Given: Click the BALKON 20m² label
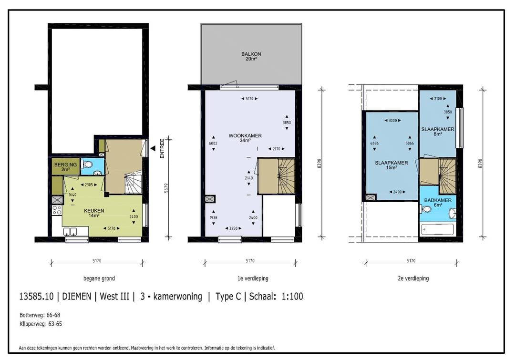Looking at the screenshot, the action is click(x=251, y=56).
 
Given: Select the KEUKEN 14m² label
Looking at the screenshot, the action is click(x=94, y=213).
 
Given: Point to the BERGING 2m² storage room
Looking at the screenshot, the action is click(x=65, y=167).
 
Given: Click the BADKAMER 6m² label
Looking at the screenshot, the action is click(x=438, y=202).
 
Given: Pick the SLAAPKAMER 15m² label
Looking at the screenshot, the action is click(x=391, y=165).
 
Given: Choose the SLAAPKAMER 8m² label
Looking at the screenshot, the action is click(x=438, y=132).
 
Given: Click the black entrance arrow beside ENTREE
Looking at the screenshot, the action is click(x=153, y=148).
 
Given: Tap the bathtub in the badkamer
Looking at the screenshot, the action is click(x=437, y=229).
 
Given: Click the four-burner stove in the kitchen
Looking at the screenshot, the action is click(x=57, y=210).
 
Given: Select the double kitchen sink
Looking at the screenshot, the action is click(x=70, y=232).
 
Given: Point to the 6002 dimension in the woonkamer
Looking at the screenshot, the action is click(x=213, y=143).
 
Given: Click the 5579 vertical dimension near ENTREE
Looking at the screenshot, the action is click(x=166, y=188).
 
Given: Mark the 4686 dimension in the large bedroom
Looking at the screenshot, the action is click(x=374, y=143).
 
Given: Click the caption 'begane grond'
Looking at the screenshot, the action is click(x=99, y=278).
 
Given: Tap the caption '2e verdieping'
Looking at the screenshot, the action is click(x=413, y=278).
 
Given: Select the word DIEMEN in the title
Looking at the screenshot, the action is click(x=76, y=297).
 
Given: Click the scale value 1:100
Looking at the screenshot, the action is click(x=292, y=297).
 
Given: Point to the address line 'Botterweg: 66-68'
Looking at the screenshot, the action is click(x=40, y=315).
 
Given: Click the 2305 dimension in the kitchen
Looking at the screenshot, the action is click(x=89, y=185).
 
